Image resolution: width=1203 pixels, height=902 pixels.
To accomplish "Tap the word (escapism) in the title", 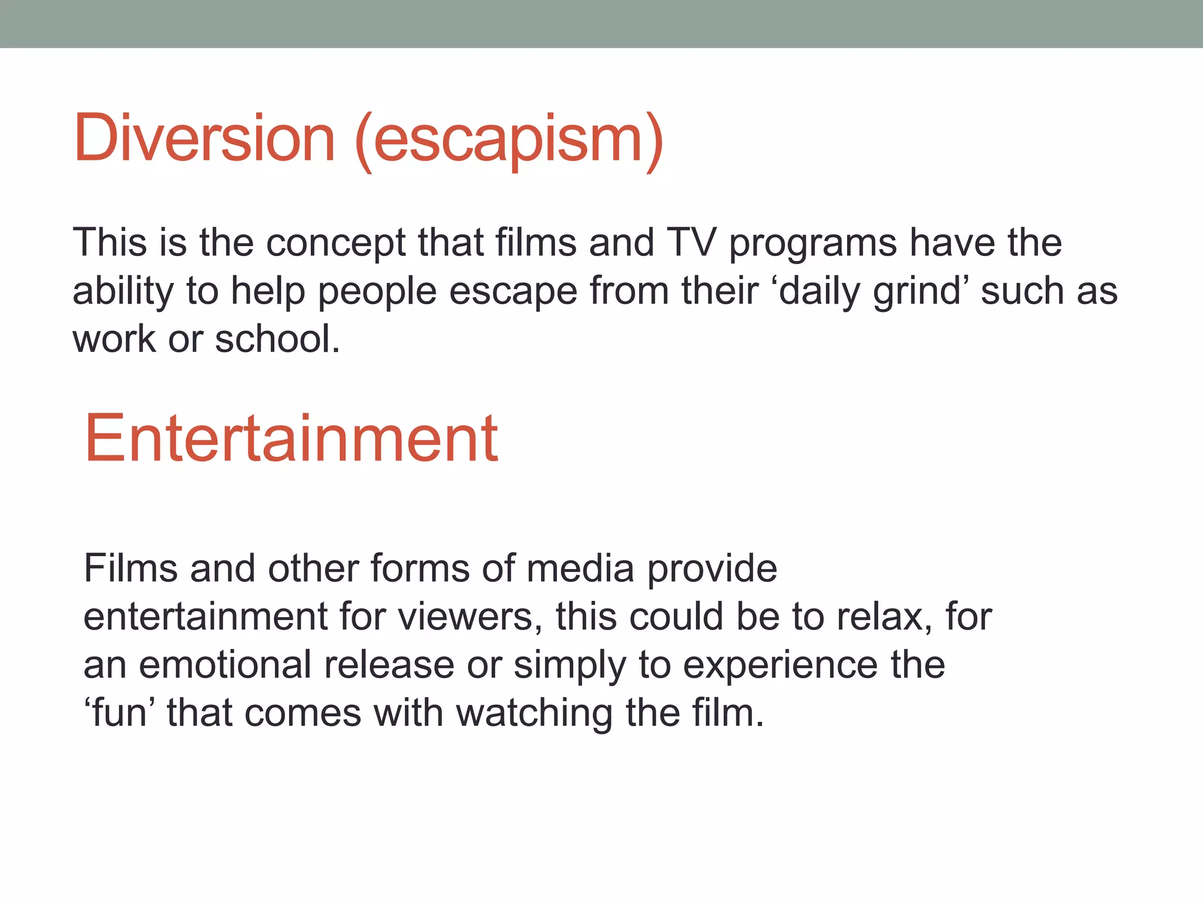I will [509, 141].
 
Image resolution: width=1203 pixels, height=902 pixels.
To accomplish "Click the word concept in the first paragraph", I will [335, 244].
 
